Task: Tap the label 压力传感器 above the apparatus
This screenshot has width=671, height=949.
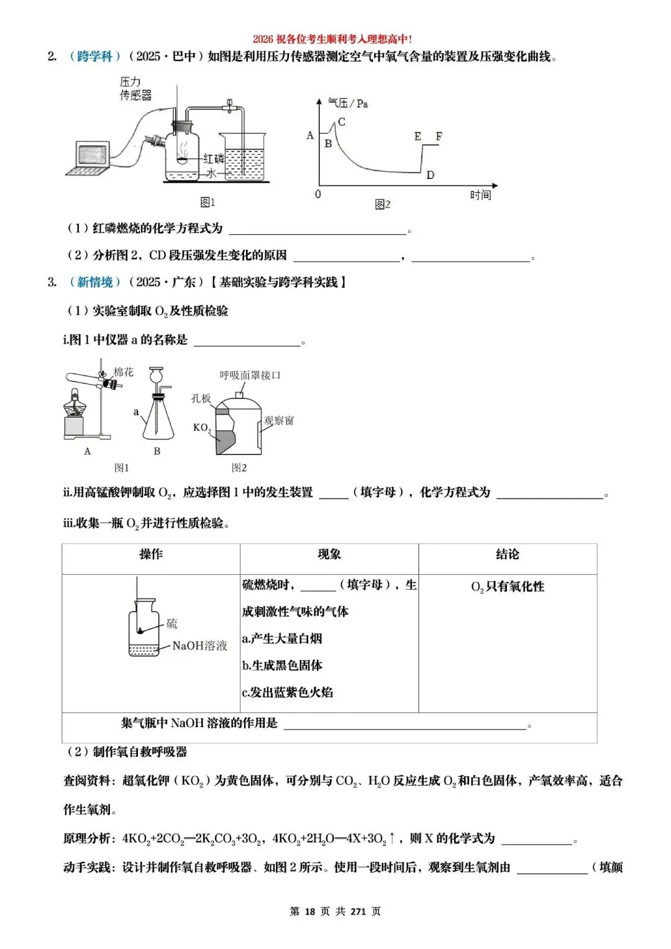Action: pyautogui.click(x=135, y=89)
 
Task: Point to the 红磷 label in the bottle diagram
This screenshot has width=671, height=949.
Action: pyautogui.click(x=214, y=158)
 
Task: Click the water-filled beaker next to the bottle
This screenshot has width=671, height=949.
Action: pyautogui.click(x=244, y=158)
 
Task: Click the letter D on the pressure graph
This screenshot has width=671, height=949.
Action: pyautogui.click(x=431, y=175)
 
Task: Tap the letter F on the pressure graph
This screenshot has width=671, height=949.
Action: pyautogui.click(x=439, y=136)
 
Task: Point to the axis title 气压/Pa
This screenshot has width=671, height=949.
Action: pyautogui.click(x=348, y=103)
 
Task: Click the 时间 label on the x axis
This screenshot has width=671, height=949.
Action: pyautogui.click(x=480, y=195)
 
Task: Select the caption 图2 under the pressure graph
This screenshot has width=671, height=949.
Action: pyautogui.click(x=383, y=204)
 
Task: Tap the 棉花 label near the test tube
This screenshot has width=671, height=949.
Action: pyautogui.click(x=123, y=372)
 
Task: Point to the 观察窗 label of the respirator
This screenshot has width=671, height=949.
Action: pyautogui.click(x=278, y=421)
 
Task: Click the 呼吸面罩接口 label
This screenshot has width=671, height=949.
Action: pyautogui.click(x=250, y=375)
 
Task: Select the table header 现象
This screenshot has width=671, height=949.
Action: pyautogui.click(x=329, y=554)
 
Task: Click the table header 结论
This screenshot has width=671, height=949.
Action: pyautogui.click(x=508, y=554)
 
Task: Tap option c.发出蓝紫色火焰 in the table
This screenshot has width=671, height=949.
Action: pyautogui.click(x=288, y=692)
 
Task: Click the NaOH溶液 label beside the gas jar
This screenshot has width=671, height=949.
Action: pyautogui.click(x=199, y=646)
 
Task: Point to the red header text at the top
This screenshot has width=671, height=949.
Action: pyautogui.click(x=332, y=39)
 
